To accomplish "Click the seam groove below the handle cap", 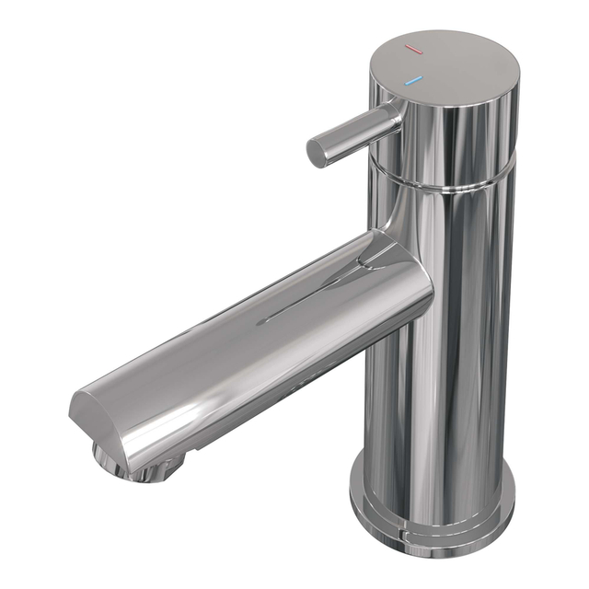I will click(451, 181).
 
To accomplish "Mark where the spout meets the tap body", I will click(419, 276).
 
